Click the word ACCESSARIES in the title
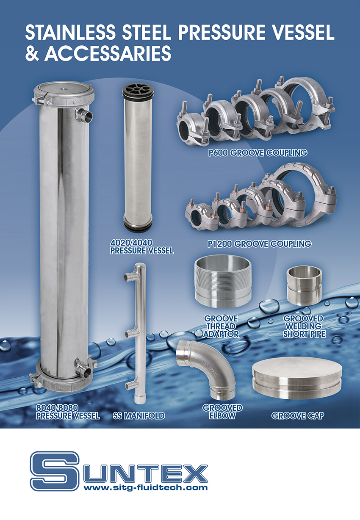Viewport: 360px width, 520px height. point(108,53)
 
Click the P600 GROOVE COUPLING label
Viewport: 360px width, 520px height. point(258,153)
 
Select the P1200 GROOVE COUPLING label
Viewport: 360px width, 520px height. point(259,244)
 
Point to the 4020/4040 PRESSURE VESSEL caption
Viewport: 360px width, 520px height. point(142,247)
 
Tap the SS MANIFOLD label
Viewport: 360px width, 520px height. point(139,415)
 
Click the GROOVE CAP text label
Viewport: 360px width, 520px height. point(297,415)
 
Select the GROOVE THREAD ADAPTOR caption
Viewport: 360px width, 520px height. point(221,326)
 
